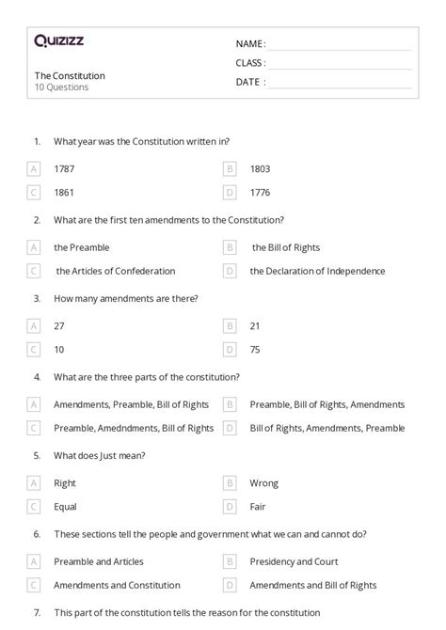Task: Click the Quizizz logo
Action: (x=58, y=40)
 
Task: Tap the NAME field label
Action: (x=250, y=43)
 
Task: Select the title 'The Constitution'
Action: (x=70, y=75)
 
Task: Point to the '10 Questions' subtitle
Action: (x=62, y=87)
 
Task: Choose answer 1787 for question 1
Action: (x=64, y=168)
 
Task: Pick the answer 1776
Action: (x=261, y=192)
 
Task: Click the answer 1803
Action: (x=261, y=168)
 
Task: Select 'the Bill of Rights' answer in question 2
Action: (x=286, y=247)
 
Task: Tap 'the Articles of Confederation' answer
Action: (x=115, y=271)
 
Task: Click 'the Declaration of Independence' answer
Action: (x=317, y=271)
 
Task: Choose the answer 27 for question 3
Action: (x=59, y=326)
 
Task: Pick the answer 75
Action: (x=256, y=350)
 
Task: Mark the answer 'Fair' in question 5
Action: (x=259, y=507)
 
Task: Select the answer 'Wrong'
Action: (x=264, y=483)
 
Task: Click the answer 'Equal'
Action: (x=65, y=507)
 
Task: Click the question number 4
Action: (x=37, y=377)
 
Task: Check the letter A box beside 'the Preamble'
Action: (x=34, y=247)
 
